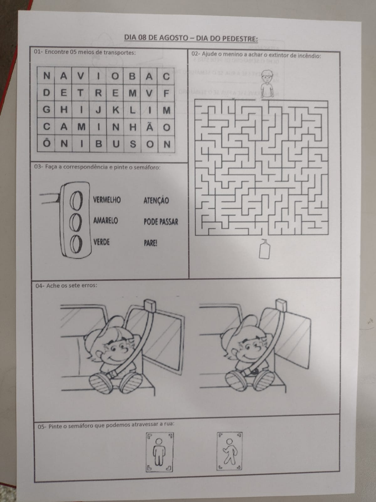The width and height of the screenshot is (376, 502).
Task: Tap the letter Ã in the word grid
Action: [149, 126]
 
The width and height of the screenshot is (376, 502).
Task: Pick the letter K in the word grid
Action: [116, 110]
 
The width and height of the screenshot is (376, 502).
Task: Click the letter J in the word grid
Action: [98, 110]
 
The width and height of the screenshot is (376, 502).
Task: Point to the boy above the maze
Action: [267, 84]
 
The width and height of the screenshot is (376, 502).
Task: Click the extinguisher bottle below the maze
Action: [264, 249]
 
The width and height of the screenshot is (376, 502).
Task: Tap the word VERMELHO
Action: [107, 200]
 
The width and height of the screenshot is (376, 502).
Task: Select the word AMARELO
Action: [106, 221]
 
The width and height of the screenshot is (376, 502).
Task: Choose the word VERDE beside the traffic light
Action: [101, 242]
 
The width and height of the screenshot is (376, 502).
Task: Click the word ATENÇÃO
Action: [156, 200]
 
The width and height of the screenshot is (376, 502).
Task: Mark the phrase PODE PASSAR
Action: [161, 222]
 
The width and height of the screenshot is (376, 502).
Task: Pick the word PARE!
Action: [150, 243]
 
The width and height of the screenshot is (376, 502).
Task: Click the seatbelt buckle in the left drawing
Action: [112, 374]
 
